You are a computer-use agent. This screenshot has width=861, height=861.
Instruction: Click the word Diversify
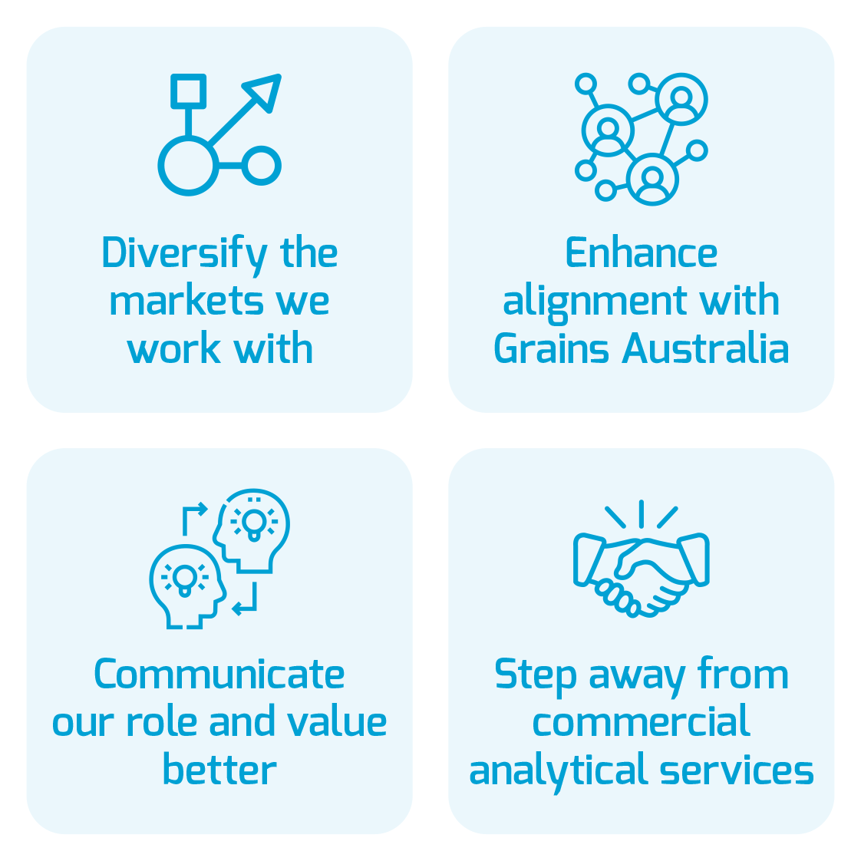point(184,254)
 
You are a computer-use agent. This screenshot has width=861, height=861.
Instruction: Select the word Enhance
point(641,254)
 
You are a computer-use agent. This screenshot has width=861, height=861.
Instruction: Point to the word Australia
point(705,349)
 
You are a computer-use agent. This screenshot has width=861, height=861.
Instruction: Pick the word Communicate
point(219,675)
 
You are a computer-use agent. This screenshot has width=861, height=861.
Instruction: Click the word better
point(219,770)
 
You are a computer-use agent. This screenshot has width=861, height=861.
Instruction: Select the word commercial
point(641,723)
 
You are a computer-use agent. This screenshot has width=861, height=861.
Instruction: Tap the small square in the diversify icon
point(188,91)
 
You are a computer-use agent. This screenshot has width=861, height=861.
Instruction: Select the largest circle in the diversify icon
point(188,166)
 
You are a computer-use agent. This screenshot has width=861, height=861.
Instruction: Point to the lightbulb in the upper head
point(253,523)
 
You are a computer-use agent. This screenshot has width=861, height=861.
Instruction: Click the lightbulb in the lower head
point(184,578)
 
